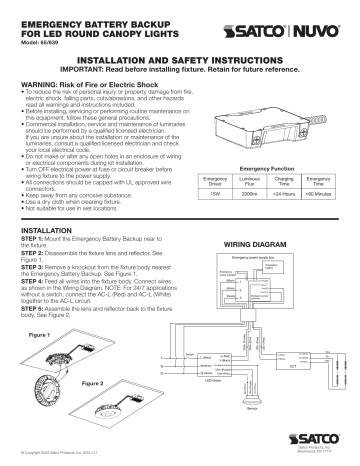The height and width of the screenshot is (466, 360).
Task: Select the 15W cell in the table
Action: click(203, 205)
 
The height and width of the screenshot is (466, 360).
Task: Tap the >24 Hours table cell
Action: click(281, 205)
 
